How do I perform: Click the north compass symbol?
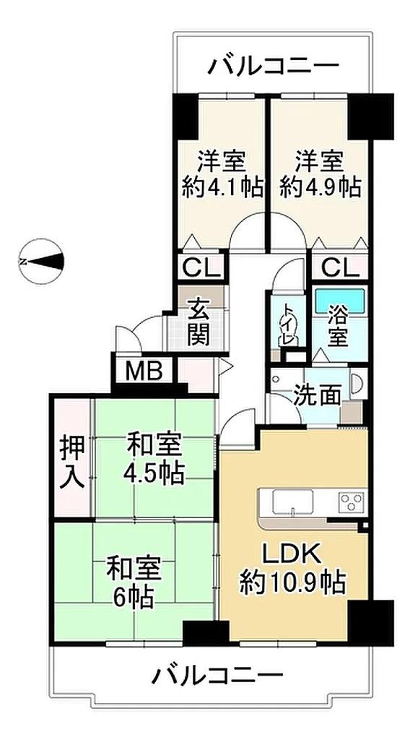click(41, 261)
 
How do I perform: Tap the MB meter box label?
click(144, 371)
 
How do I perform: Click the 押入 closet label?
click(72, 460)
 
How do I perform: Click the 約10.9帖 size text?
click(292, 582)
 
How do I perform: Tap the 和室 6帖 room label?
click(135, 583)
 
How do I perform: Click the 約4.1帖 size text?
click(222, 187)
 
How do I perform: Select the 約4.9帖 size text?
click(320, 187)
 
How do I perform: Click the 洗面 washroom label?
click(316, 395)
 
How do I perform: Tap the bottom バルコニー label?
click(217, 676)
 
